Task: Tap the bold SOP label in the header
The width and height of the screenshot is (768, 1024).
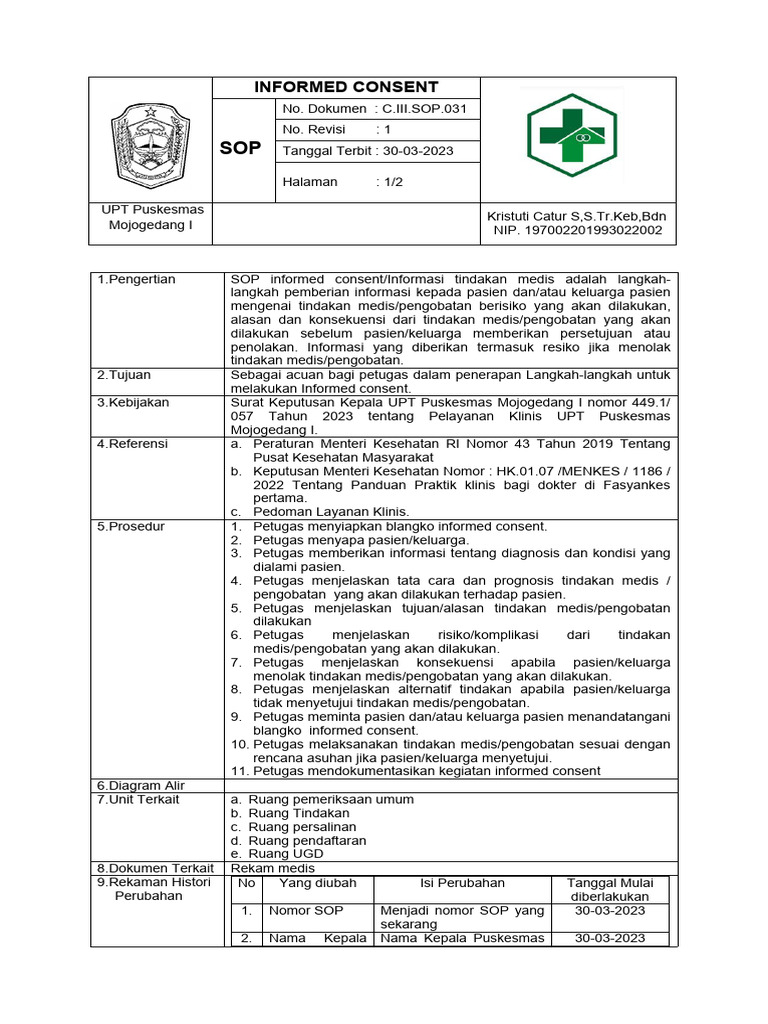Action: [240, 148]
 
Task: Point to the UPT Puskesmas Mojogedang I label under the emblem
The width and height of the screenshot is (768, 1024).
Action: [152, 217]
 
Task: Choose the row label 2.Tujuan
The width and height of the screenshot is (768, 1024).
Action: [123, 375]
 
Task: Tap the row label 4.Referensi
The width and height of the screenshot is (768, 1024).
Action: [132, 443]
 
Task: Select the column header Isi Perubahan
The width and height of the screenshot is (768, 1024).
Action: [462, 883]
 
